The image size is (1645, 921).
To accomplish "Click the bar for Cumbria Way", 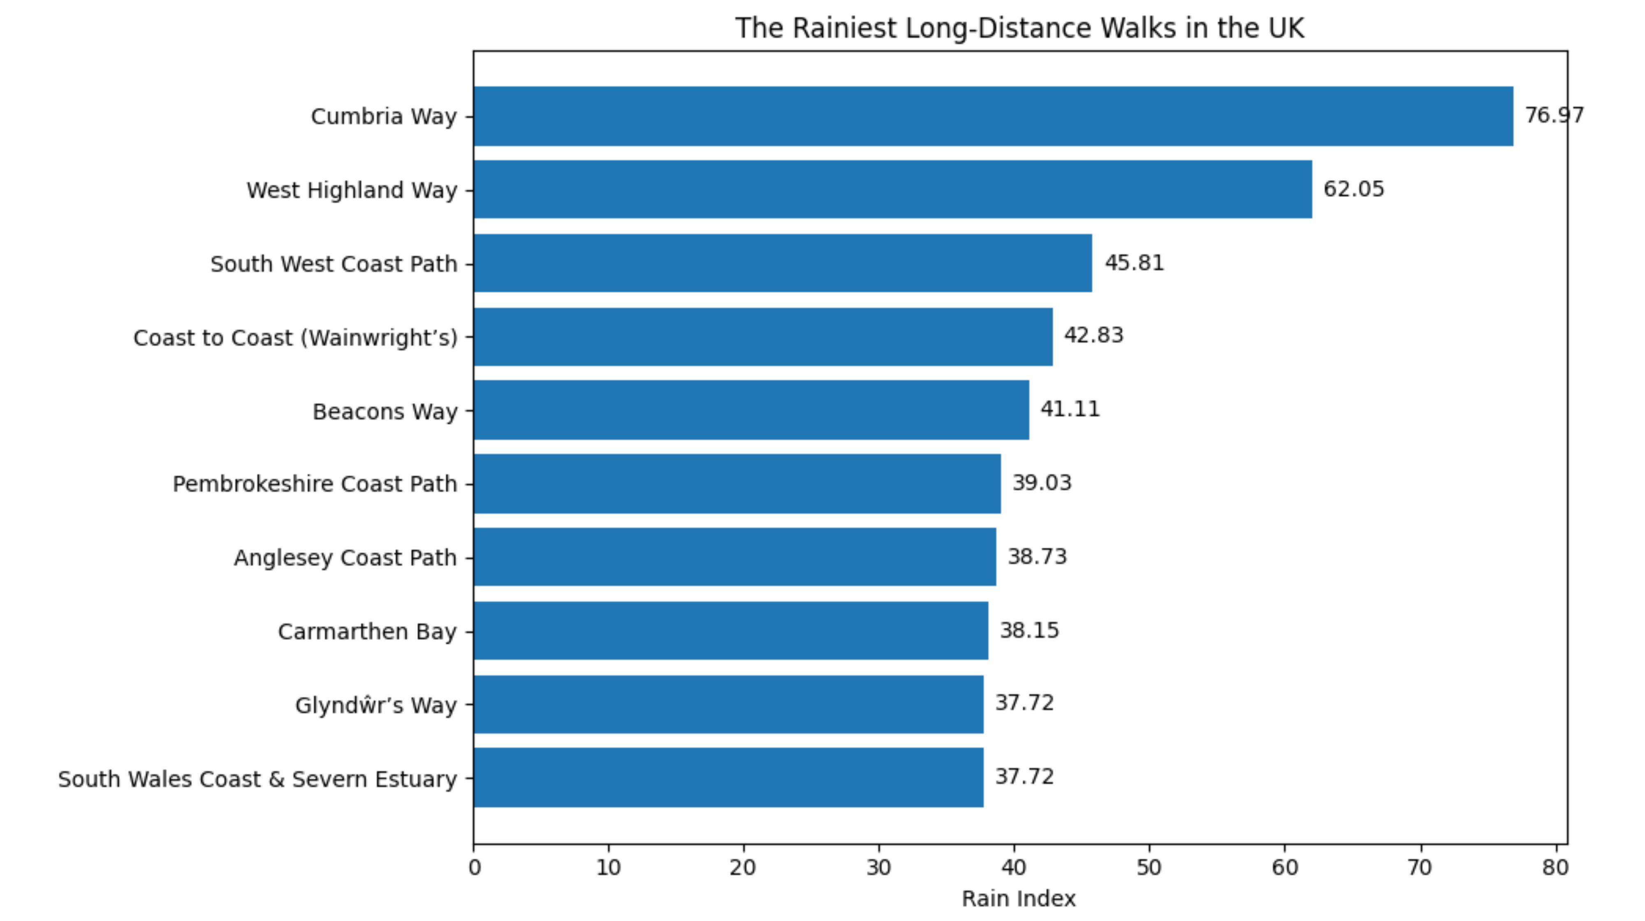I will tap(993, 116).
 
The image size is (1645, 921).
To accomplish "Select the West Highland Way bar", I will tap(893, 190).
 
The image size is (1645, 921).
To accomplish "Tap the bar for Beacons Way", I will tap(751, 410).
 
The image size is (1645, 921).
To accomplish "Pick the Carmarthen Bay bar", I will tap(730, 631).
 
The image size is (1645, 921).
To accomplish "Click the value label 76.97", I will tap(1554, 116).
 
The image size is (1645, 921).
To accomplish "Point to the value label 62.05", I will tap(1353, 189).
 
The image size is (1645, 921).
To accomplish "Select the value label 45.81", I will tap(1134, 263).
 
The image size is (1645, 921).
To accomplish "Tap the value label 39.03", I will tap(1042, 483).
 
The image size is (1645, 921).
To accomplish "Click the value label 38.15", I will tap(1029, 631).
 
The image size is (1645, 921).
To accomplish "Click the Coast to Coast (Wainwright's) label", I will tap(295, 338).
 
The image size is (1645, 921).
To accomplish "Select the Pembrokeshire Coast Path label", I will tap(315, 484).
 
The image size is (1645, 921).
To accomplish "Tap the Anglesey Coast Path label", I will tap(345, 558).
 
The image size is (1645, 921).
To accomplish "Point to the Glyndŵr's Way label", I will tap(375, 705).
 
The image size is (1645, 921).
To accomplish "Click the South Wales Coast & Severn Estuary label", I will tap(257, 779).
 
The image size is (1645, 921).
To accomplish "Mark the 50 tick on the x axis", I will tap(1149, 868).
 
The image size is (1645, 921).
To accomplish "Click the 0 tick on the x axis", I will tap(474, 868).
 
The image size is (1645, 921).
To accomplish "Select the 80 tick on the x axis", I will tap(1555, 868).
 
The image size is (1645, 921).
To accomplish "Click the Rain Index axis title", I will tap(1019, 899).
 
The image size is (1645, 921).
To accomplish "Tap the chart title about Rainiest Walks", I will tap(1019, 28).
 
